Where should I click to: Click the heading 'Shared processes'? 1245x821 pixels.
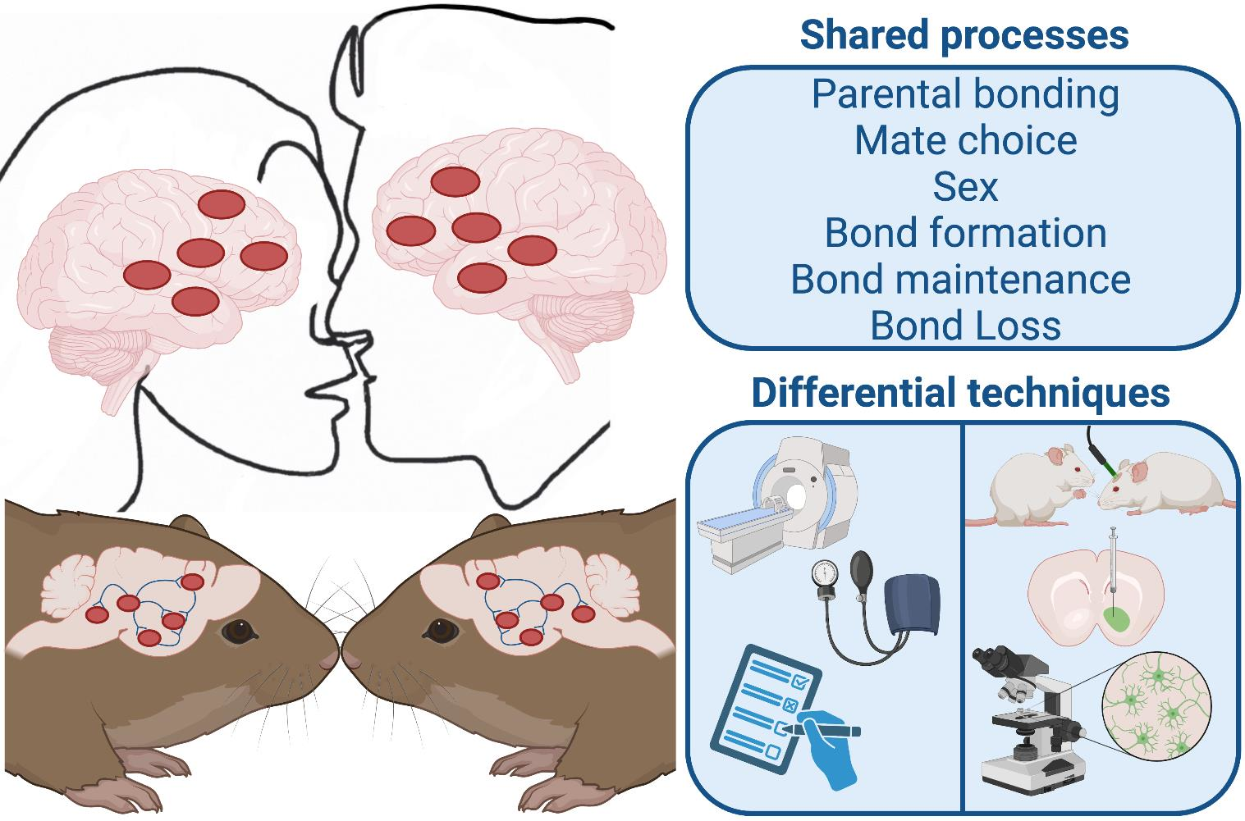[x=964, y=35]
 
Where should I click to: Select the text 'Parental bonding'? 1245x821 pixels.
[x=965, y=94]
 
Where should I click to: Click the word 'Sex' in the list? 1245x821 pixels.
[x=965, y=186]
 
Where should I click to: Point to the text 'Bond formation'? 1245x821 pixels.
[x=965, y=233]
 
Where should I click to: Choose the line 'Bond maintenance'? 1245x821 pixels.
[x=960, y=279]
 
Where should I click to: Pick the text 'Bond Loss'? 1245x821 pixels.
[x=965, y=325]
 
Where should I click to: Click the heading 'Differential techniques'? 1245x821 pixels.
[x=960, y=393]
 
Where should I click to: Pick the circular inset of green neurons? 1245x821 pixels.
[x=1152, y=709]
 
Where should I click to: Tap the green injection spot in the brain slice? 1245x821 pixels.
[x=1115, y=617]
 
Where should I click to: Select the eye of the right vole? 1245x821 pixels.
[x=441, y=632]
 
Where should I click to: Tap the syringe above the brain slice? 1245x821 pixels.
[x=1113, y=562]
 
